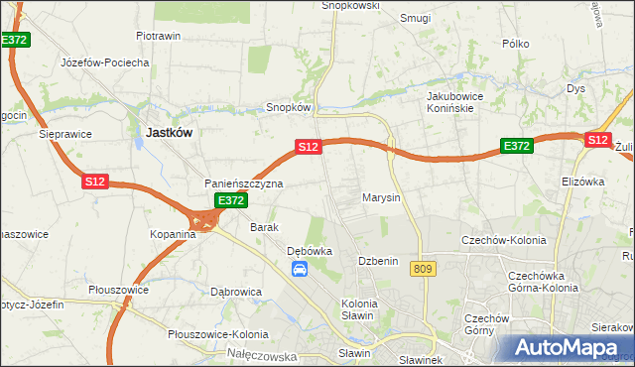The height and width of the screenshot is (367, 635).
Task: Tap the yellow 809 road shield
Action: tap(426, 269)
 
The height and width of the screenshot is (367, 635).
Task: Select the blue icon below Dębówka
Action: tap(300, 269)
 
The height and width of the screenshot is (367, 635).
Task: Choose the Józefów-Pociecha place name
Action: tap(105, 62)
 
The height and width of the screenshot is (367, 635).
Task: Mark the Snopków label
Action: tap(290, 107)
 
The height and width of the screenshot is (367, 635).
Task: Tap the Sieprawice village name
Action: tap(64, 132)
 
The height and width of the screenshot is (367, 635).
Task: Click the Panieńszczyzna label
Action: tap(244, 183)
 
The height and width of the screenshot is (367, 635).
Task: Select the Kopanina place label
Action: tap(173, 234)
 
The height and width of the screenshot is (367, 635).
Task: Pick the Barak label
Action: tap(264, 227)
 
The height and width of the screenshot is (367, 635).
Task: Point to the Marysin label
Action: tap(381, 197)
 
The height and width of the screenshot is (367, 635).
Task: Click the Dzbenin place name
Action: tap(378, 261)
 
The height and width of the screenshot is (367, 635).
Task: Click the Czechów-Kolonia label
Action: tap(499, 239)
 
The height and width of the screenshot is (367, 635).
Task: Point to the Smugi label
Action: tap(415, 17)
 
